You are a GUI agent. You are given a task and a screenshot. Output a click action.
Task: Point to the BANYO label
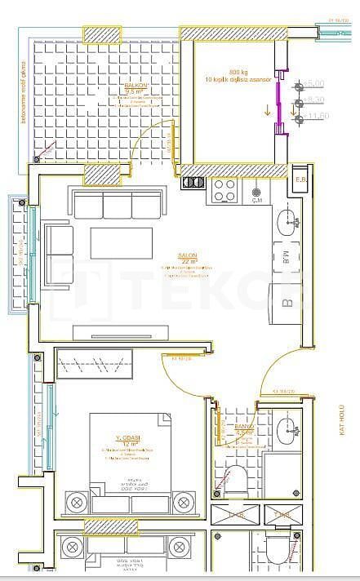pyautogui.click(x=244, y=427)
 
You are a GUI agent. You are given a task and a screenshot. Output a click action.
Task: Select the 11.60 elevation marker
pyautogui.click(x=318, y=117)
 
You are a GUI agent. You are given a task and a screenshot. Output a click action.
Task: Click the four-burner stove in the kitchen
pyautogui.click(x=224, y=190)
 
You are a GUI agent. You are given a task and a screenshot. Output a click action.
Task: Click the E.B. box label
pyautogui.click(x=300, y=180)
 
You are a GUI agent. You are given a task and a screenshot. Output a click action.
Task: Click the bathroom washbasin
pyautogui.click(x=287, y=429)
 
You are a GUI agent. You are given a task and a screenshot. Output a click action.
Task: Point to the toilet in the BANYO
pyautogui.click(x=238, y=481)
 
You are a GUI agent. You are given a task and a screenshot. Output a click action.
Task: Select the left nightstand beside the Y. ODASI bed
pyautogui.click(x=77, y=501)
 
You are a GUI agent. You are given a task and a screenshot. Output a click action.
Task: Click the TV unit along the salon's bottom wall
pyautogui.click(x=122, y=331)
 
